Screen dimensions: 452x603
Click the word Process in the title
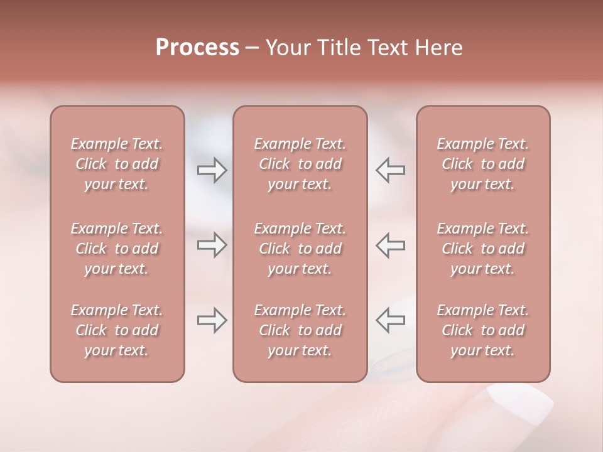(x=197, y=47)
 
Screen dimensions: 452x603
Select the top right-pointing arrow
(x=212, y=169)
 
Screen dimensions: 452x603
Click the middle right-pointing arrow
(x=212, y=245)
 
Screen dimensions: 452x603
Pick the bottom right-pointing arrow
(x=212, y=321)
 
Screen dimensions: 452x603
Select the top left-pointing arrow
(x=391, y=169)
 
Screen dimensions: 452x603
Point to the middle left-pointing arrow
(x=391, y=245)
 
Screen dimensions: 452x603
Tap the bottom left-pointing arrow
(x=391, y=321)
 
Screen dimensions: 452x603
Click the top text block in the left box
(x=117, y=164)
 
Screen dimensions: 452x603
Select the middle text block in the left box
(x=117, y=249)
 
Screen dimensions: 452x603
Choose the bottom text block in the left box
(x=117, y=330)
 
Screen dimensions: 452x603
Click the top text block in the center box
(x=300, y=164)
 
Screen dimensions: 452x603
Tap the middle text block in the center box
(x=300, y=249)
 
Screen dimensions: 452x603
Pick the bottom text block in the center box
(x=300, y=330)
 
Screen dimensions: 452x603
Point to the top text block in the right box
(x=483, y=164)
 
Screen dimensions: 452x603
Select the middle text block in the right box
(x=483, y=249)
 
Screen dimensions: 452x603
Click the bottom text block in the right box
(x=483, y=330)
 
